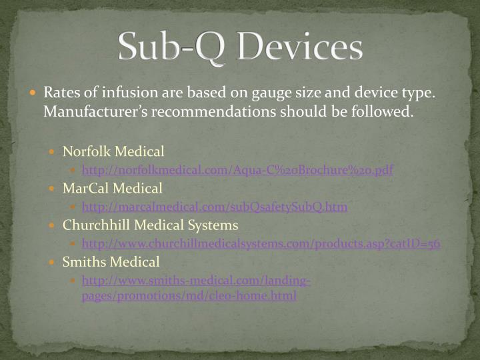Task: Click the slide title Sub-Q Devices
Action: tap(240, 47)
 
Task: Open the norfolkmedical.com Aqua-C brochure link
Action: tap(237, 170)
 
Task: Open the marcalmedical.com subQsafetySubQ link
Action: tap(214, 207)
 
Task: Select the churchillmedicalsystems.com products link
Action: tap(261, 243)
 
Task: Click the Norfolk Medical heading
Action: tap(113, 151)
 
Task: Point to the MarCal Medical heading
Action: tap(113, 188)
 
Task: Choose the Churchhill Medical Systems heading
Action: tap(150, 225)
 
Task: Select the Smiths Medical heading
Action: tap(111, 262)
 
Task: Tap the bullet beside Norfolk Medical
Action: tap(55, 152)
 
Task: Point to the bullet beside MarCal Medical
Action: tap(55, 189)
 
